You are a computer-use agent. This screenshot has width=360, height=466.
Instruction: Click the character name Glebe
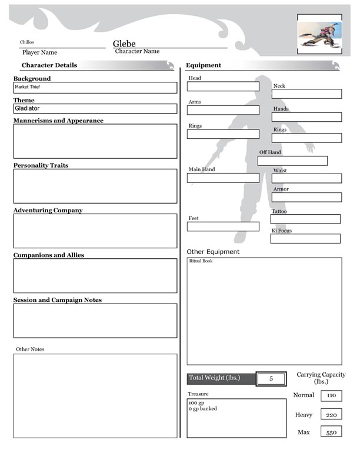click(124, 44)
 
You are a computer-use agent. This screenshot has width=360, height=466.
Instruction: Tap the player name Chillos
click(27, 42)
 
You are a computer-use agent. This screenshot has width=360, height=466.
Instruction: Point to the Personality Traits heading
click(41, 165)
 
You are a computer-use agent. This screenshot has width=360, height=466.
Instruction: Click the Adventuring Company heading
click(48, 210)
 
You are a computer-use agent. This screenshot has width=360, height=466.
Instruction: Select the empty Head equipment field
click(223, 86)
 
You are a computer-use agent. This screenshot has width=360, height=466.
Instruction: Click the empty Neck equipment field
click(306, 94)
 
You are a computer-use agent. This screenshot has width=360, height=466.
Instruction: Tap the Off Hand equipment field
click(292, 161)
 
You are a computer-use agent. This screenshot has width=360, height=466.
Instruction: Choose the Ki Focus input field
click(305, 239)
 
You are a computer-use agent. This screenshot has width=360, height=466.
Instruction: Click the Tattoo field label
click(279, 211)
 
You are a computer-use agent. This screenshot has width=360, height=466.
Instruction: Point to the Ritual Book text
click(201, 261)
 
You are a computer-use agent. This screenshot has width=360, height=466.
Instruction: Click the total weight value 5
click(271, 379)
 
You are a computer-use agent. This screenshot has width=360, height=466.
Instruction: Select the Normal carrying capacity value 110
click(331, 395)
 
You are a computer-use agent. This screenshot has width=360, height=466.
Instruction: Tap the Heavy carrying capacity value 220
click(331, 415)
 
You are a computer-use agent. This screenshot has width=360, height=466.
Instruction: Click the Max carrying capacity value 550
click(331, 432)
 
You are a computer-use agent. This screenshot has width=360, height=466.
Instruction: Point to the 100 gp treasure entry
click(196, 403)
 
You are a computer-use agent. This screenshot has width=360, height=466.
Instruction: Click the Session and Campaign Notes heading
click(58, 300)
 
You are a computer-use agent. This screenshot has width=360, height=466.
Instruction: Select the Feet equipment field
click(223, 227)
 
